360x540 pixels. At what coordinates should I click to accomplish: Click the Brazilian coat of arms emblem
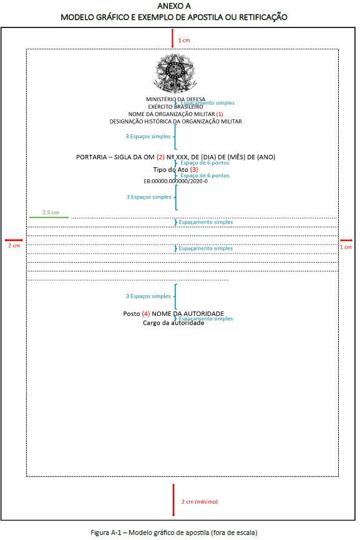tap(175, 74)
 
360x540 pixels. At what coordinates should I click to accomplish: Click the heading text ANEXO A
tap(174, 6)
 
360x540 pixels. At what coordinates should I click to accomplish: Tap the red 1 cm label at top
tap(184, 41)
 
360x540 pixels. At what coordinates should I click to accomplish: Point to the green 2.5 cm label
tap(51, 212)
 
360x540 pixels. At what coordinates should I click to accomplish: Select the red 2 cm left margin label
tap(14, 245)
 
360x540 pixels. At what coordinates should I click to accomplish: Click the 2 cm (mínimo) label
tap(200, 502)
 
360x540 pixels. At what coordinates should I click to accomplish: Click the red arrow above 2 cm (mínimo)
tap(173, 500)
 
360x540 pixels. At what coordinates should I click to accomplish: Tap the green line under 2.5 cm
tap(49, 217)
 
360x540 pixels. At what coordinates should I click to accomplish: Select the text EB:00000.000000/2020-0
tap(175, 181)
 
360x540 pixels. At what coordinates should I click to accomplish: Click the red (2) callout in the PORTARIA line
tap(160, 157)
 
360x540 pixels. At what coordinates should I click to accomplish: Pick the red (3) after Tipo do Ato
tap(194, 169)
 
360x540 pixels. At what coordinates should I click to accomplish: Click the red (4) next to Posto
tap(146, 314)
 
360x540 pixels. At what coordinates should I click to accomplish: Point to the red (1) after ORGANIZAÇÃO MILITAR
tap(220, 114)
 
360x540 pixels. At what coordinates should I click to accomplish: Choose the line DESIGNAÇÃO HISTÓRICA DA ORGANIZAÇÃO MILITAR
tap(175, 122)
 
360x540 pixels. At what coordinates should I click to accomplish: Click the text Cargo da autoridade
tap(173, 323)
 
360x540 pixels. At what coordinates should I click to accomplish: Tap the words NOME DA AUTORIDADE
tap(188, 314)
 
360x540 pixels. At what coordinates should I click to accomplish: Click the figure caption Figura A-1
tap(174, 533)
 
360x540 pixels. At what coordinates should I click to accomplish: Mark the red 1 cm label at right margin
tap(346, 247)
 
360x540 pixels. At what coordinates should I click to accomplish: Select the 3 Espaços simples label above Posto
tap(148, 296)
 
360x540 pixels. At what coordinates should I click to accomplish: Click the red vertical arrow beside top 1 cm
tap(173, 39)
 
